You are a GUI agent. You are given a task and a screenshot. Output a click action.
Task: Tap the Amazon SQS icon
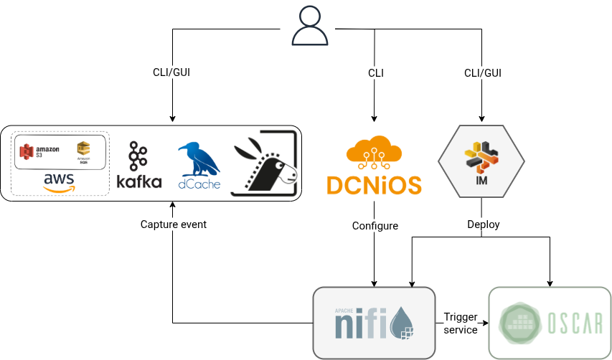[x=84, y=150]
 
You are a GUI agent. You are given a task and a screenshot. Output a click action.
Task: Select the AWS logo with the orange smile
[x=60, y=182]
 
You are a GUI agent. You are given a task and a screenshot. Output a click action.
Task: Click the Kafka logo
[x=138, y=166]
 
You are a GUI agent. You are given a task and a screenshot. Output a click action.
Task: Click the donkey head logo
[x=265, y=163]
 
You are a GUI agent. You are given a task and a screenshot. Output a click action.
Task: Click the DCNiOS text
[x=374, y=185]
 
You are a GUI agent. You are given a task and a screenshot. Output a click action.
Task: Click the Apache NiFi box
[x=374, y=323]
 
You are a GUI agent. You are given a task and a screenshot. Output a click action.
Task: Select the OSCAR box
[x=550, y=323]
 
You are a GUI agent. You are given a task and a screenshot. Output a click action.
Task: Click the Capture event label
[x=173, y=224]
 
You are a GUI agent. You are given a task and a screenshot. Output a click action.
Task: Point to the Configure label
[x=375, y=225]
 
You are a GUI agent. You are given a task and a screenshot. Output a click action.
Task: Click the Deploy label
[x=483, y=224]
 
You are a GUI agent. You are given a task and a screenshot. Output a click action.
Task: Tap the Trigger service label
[x=461, y=323]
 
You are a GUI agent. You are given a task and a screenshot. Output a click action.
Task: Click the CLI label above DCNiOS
[x=375, y=73]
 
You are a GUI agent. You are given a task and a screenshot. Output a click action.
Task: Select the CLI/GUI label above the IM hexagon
[x=483, y=73]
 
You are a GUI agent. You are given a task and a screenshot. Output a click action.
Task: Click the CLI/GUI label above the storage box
[x=171, y=73]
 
